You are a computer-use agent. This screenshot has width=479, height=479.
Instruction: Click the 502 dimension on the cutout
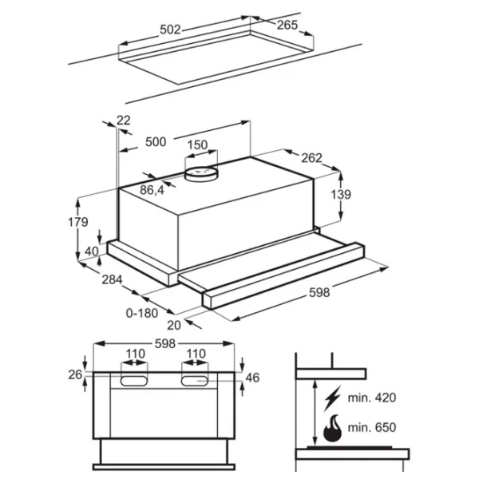(171, 30)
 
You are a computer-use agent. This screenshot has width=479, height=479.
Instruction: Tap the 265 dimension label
(287, 25)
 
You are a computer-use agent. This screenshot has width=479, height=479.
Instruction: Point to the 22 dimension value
(124, 120)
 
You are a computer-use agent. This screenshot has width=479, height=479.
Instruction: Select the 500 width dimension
(156, 142)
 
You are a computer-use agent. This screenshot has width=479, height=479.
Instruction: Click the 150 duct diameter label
(197, 144)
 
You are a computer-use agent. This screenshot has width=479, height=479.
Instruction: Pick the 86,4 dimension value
(152, 190)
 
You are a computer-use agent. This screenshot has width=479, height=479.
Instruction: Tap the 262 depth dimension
(311, 158)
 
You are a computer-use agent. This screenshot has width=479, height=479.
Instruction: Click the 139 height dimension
(341, 194)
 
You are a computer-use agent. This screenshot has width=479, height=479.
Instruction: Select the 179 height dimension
(78, 222)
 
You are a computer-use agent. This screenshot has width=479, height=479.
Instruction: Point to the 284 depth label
(112, 279)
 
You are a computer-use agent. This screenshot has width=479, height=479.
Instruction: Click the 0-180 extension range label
(142, 313)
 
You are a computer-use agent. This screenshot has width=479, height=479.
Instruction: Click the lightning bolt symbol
(332, 398)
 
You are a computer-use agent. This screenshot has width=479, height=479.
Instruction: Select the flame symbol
(332, 428)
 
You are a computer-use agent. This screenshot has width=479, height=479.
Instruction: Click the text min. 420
(372, 398)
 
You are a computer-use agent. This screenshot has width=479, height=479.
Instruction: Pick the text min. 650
(372, 427)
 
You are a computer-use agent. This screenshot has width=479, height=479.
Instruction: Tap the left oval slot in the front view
(134, 381)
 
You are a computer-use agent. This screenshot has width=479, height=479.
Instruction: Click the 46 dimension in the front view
(252, 378)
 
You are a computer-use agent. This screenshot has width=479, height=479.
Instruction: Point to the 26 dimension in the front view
(75, 374)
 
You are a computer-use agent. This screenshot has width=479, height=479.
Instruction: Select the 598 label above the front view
(165, 343)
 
